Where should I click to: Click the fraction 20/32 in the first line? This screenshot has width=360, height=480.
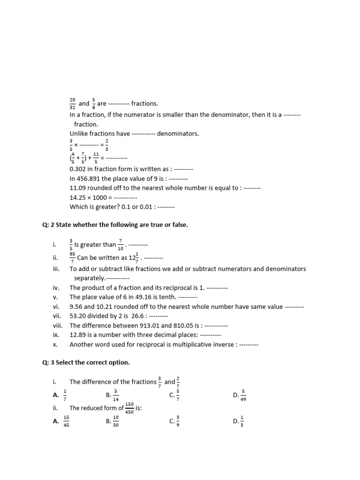(72, 103)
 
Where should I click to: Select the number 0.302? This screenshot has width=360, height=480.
(79, 169)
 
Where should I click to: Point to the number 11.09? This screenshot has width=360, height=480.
(78, 188)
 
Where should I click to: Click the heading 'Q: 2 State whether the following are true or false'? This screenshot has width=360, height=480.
(115, 225)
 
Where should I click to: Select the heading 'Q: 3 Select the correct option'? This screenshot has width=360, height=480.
(86, 363)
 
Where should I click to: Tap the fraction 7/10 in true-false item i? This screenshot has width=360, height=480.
(120, 244)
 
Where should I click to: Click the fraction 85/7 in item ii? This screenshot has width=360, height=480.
(72, 257)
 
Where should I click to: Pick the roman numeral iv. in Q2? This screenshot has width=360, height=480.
(55, 287)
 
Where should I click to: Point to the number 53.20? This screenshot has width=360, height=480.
(78, 316)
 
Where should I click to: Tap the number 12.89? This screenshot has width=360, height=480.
(78, 335)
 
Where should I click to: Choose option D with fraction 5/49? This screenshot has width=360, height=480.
(240, 395)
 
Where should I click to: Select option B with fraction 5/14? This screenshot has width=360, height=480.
(112, 395)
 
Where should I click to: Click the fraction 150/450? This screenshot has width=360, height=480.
(129, 408)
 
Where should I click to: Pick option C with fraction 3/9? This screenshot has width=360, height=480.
(175, 421)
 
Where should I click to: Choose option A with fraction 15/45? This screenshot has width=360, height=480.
(62, 421)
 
